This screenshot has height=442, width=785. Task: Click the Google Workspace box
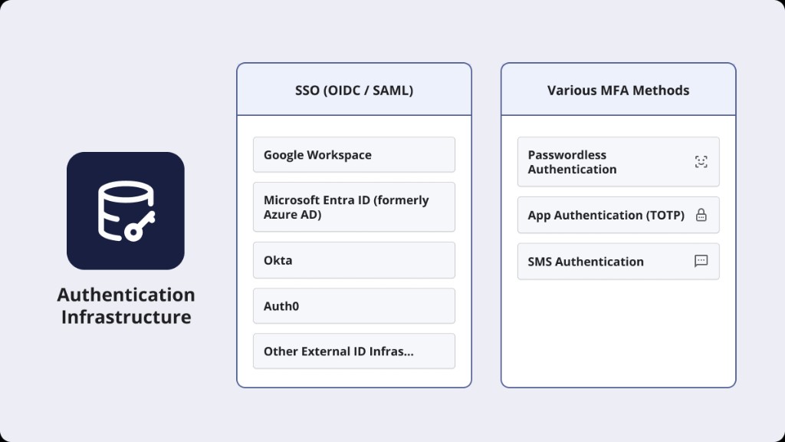point(353,155)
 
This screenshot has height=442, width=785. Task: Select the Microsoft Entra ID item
point(353,207)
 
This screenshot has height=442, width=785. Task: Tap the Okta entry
point(353,260)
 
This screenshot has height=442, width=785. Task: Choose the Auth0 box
point(353,306)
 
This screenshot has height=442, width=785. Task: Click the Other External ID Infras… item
point(353,351)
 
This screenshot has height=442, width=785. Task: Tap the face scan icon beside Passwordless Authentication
point(701,162)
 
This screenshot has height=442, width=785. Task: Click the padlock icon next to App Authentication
point(701,216)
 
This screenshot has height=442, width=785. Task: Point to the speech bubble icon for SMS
point(701,262)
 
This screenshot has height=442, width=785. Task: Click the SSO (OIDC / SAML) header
point(353,91)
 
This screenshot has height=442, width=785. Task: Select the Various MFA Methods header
point(618,91)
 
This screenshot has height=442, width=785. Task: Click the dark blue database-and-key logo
point(126,211)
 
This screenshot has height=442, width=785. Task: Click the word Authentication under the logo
point(126,295)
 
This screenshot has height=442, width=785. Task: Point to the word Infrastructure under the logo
point(126,317)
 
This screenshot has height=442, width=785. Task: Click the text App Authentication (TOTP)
point(606,216)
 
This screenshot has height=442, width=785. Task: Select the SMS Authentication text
point(586,262)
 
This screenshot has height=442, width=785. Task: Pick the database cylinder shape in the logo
point(119,207)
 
